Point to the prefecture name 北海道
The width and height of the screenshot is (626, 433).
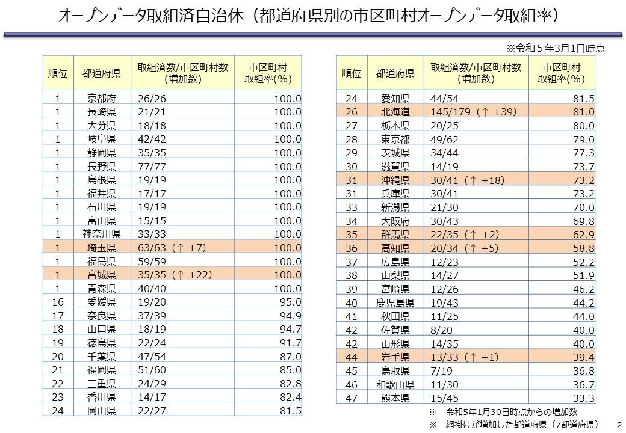click(395, 112)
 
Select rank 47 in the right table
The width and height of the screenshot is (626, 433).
click(352, 398)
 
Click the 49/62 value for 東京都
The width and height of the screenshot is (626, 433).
click(444, 139)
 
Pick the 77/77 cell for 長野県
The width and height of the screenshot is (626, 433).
click(150, 166)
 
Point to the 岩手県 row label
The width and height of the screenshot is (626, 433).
click(395, 357)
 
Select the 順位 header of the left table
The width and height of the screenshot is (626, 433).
click(58, 73)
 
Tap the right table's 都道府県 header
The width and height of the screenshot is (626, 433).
click(395, 73)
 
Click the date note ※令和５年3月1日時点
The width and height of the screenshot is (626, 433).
click(555, 47)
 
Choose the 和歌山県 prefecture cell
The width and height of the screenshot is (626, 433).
click(395, 384)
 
